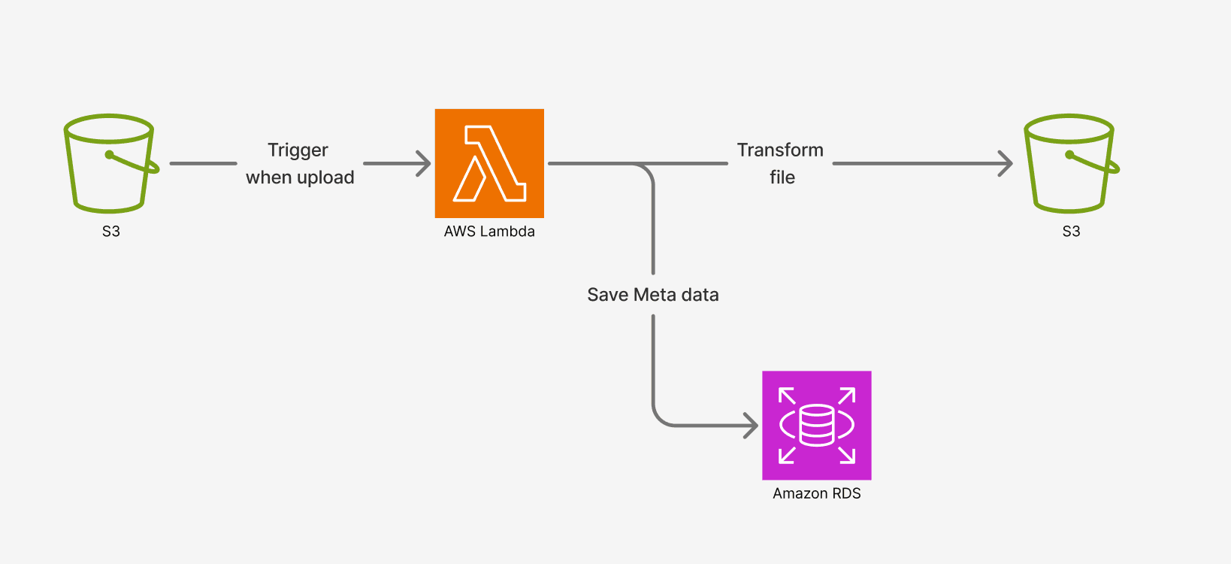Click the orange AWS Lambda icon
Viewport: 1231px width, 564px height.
click(489, 163)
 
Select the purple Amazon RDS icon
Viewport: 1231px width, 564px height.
click(816, 425)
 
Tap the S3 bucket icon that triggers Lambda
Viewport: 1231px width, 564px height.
click(110, 163)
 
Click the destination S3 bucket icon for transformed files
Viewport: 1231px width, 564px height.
click(1070, 163)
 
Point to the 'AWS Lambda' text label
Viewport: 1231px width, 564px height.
click(489, 232)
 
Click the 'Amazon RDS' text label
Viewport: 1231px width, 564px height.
click(816, 494)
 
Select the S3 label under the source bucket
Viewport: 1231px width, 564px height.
click(111, 232)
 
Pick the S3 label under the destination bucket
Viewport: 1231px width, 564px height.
click(1071, 232)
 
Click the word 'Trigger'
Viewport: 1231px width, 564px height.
click(298, 150)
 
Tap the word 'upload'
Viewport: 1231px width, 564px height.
click(325, 177)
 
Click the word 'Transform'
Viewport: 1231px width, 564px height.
click(780, 150)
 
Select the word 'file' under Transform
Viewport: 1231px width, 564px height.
click(782, 177)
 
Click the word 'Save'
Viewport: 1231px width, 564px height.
click(607, 295)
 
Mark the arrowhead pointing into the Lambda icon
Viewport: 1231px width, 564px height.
click(425, 163)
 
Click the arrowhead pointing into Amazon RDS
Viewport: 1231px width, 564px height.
click(752, 426)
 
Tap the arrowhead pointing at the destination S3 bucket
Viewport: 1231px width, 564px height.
click(1006, 163)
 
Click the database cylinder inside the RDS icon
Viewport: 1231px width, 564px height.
click(816, 426)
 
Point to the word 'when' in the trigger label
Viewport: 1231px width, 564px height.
click(268, 177)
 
